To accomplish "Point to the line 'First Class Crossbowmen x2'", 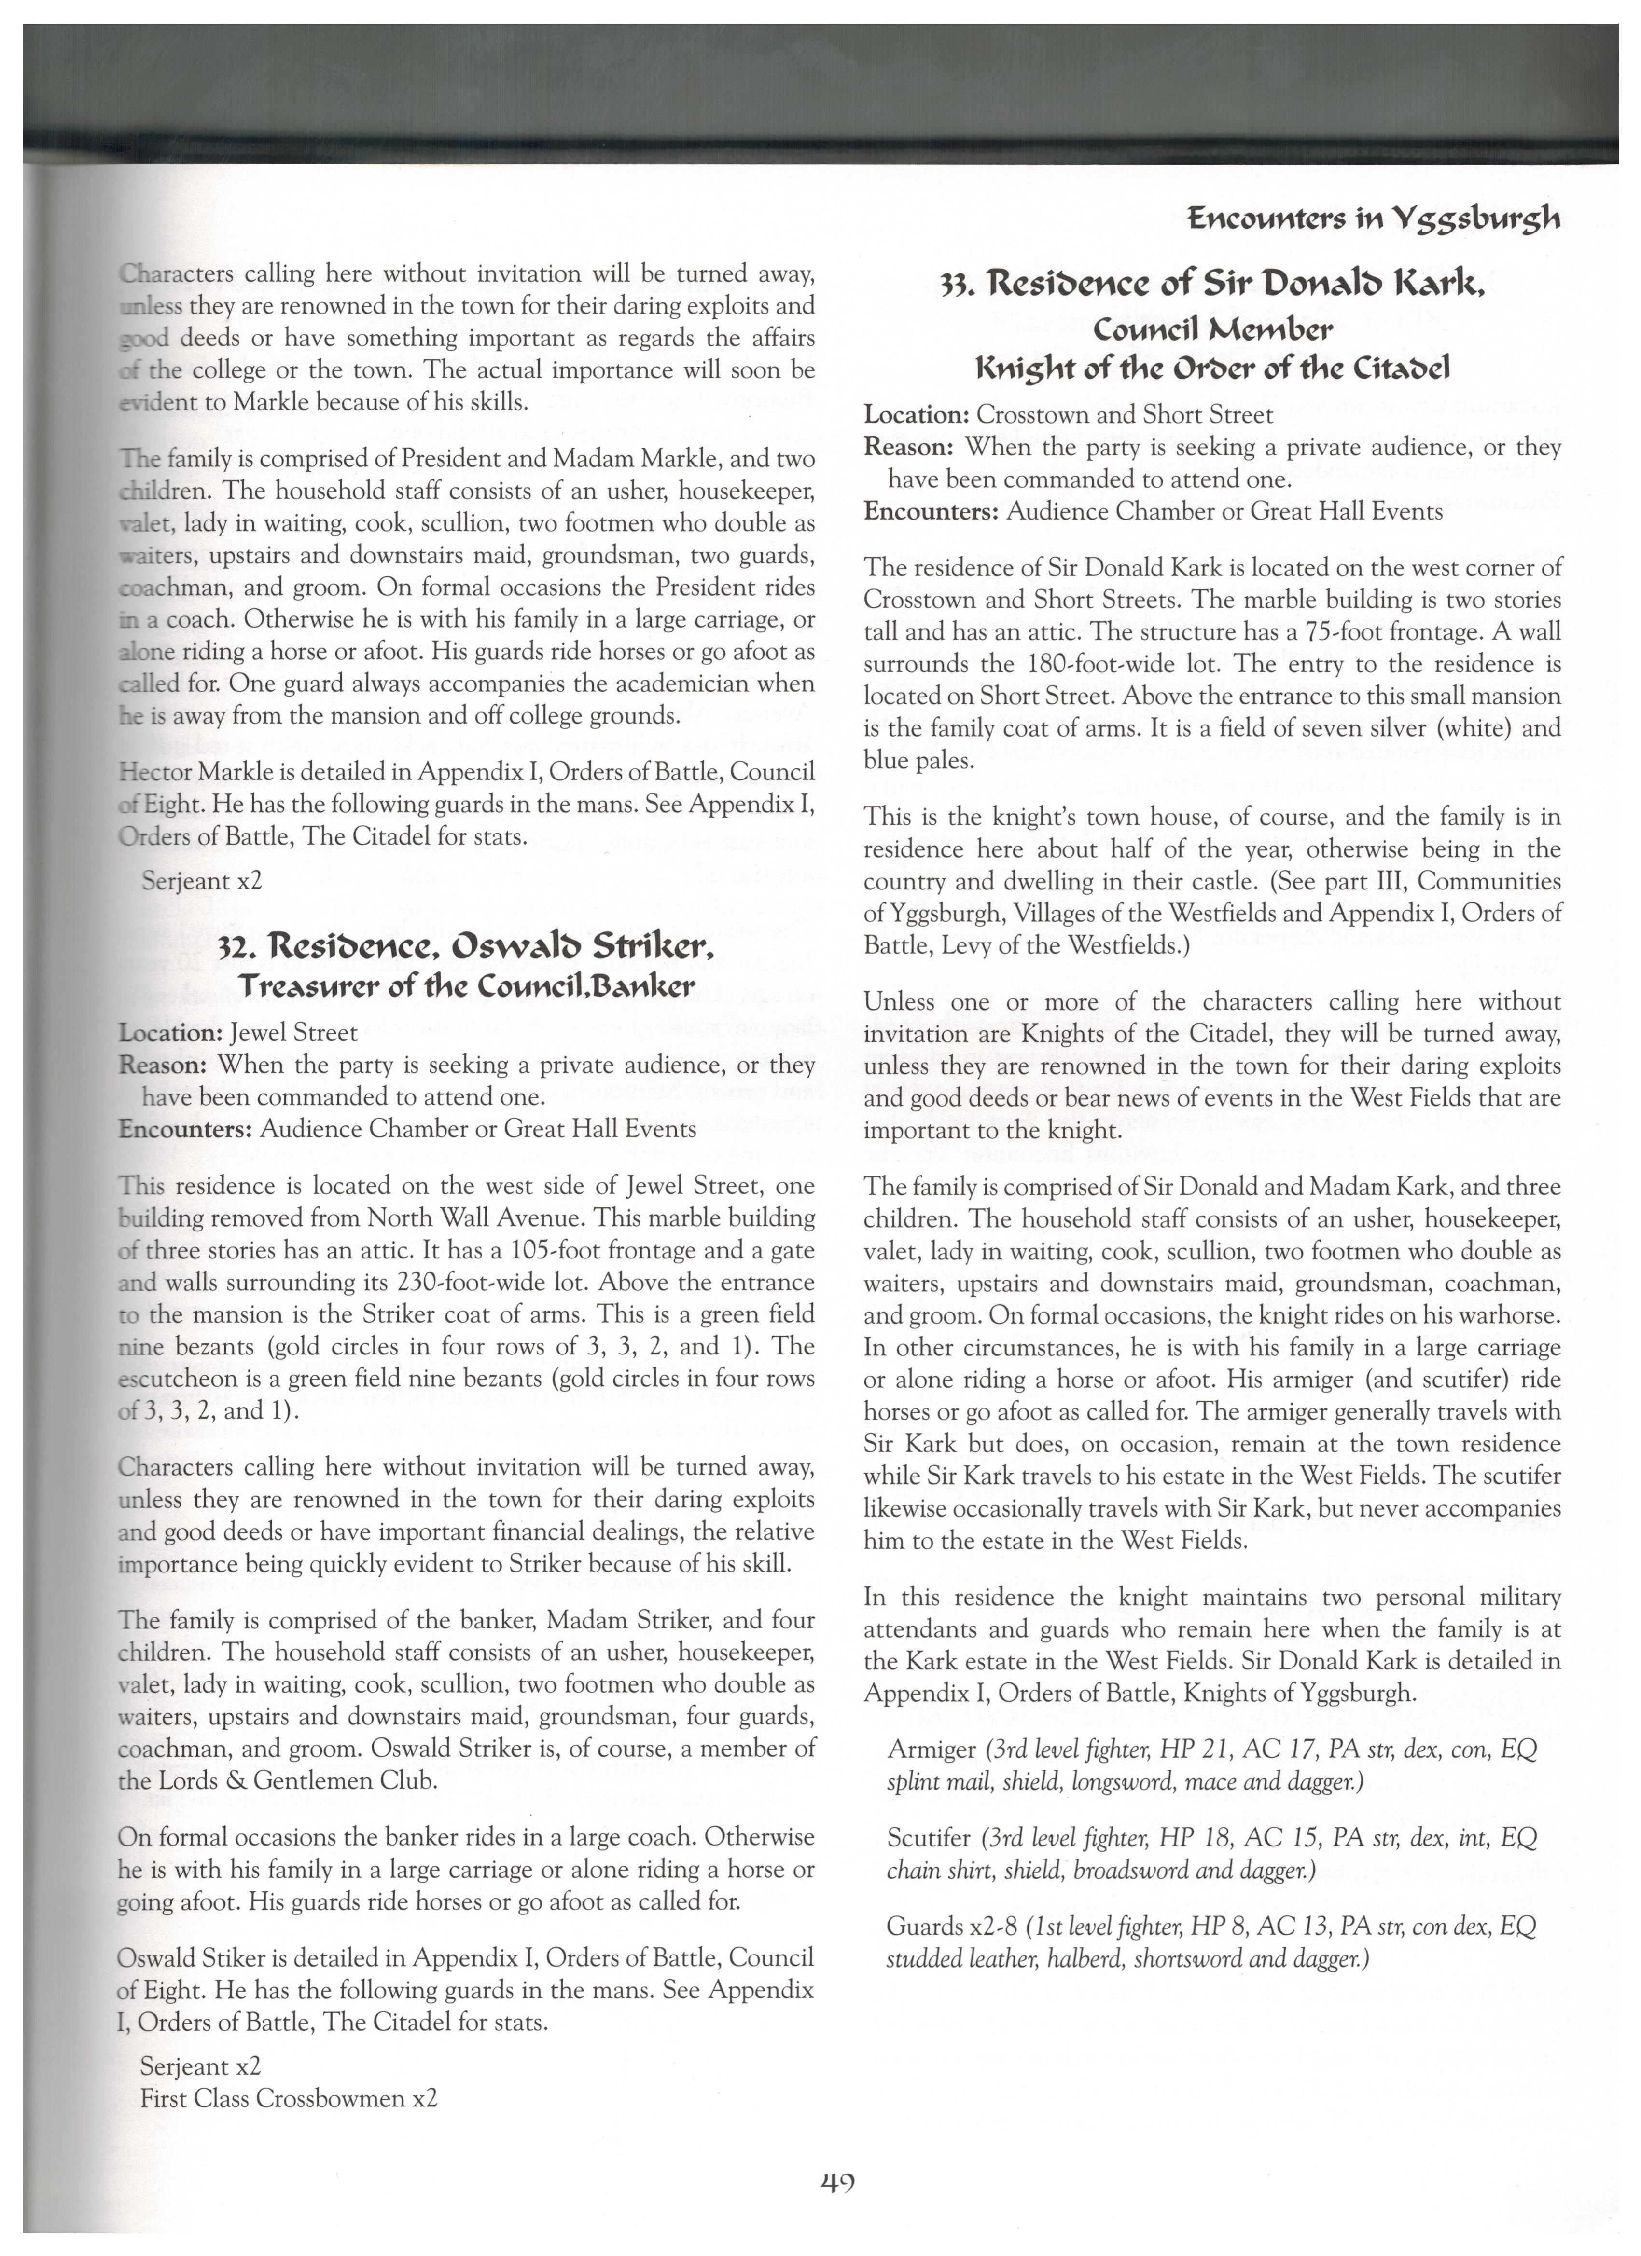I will pyautogui.click(x=289, y=2099).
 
